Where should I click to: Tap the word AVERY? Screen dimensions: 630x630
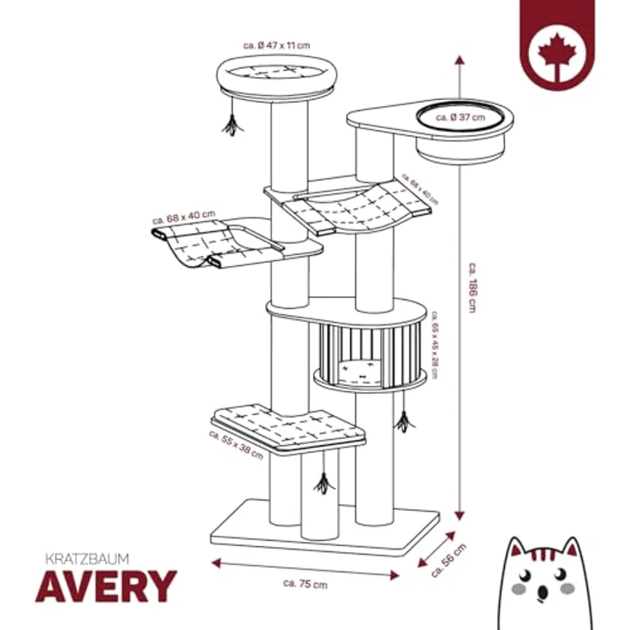click(105, 586)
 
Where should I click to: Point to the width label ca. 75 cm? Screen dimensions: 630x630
click(304, 584)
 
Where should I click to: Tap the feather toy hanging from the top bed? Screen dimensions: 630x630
click(230, 124)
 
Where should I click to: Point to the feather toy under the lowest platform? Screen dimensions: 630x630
click(323, 484)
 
